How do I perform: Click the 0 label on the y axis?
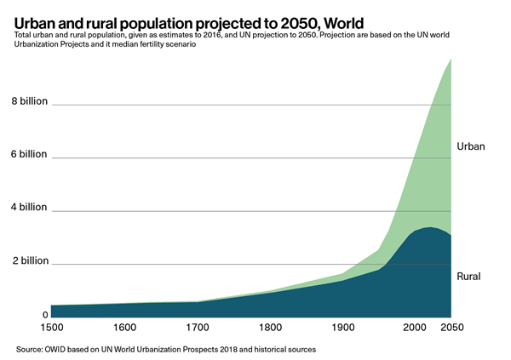pos(45,314)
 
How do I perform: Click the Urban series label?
pos(471,146)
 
